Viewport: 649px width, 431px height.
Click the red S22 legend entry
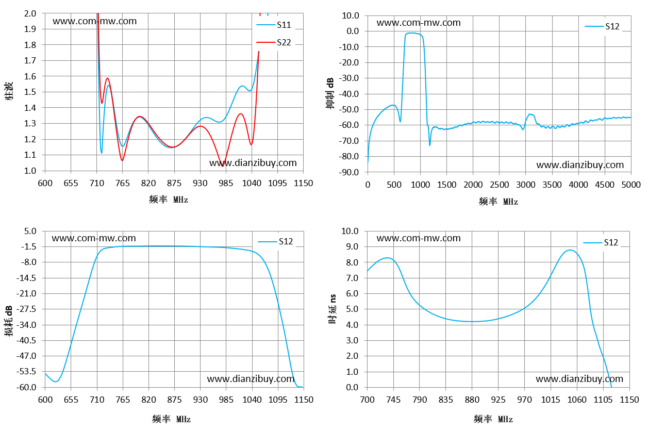(274, 42)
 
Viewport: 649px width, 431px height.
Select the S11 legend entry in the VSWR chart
(274, 25)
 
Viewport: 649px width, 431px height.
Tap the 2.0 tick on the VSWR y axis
(30, 13)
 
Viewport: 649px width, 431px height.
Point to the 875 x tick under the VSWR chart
(174, 183)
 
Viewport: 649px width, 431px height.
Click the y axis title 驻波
(9, 91)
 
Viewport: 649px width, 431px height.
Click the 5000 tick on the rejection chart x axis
(631, 185)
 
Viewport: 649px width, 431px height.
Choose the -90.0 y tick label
(349, 172)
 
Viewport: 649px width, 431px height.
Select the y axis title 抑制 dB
(330, 93)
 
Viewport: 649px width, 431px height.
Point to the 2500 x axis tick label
(499, 185)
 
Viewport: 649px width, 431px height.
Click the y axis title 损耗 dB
(9, 321)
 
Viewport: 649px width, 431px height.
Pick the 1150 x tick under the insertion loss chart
(304, 400)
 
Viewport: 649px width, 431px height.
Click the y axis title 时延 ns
(332, 309)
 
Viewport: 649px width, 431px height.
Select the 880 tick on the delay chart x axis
(472, 400)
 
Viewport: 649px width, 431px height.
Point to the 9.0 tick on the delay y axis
(352, 246)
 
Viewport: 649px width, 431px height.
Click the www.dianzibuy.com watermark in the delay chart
(579, 378)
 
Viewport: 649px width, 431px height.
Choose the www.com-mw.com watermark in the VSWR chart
(94, 21)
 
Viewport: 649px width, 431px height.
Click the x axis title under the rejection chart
(498, 202)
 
